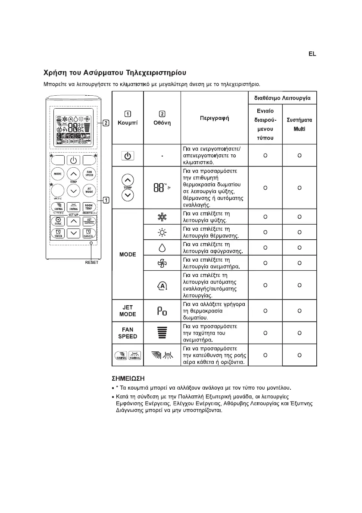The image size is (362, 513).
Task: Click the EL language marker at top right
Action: tap(312, 54)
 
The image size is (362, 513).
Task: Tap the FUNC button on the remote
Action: tap(58, 221)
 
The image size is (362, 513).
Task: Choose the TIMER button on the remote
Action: tap(58, 234)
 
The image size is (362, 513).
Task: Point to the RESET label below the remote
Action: tap(91, 262)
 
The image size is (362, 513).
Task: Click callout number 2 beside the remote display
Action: tap(106, 122)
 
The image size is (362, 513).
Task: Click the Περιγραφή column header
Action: tap(214, 118)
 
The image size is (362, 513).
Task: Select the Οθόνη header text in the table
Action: tap(162, 123)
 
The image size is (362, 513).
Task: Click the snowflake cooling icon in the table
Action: tap(162, 217)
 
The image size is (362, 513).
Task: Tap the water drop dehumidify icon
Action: tap(162, 247)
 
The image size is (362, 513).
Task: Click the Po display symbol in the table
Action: tap(162, 310)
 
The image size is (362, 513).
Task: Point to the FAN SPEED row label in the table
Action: tap(128, 333)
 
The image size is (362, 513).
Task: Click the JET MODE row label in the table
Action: tap(128, 310)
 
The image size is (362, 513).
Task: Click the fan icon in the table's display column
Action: tap(162, 262)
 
